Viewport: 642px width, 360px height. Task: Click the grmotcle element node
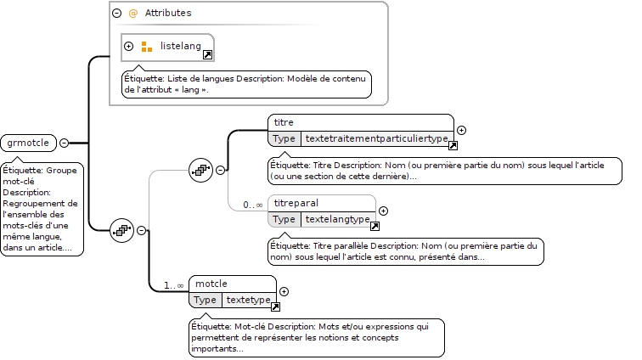coord(28,143)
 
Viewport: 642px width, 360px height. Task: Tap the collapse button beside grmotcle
coord(64,143)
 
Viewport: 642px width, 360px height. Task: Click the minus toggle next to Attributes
coord(116,13)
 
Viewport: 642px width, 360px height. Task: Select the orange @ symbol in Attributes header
coord(133,14)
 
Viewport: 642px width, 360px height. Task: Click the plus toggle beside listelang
coord(128,47)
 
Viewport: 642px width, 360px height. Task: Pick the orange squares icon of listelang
coord(147,47)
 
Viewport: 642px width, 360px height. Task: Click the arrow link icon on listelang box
coord(207,55)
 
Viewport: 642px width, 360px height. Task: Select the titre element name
coord(284,122)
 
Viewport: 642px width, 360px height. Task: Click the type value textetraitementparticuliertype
coord(377,138)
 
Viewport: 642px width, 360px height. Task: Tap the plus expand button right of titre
coord(461,130)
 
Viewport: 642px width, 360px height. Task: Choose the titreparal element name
coord(296,203)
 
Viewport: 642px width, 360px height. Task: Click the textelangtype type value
coord(338,219)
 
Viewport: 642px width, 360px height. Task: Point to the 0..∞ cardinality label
coord(252,205)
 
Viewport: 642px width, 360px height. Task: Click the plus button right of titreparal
coord(383,211)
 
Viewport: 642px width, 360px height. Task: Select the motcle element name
coord(211,284)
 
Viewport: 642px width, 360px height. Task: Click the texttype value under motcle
coord(249,300)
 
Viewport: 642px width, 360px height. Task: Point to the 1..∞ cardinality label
coord(173,285)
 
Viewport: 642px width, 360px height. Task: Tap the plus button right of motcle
coord(284,291)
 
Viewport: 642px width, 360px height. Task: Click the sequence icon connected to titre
coord(200,170)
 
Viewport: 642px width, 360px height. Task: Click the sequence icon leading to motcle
coord(122,230)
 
